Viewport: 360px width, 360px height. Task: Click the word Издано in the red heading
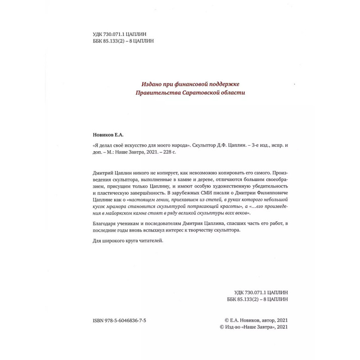point(153,84)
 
